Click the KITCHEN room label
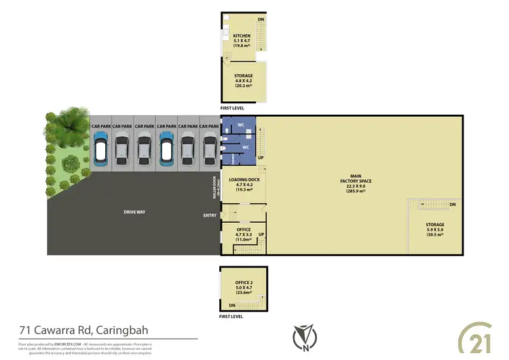242,36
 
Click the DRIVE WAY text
134,212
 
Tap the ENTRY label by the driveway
210,216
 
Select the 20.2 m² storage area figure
244,86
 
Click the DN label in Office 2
232,305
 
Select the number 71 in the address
25,331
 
